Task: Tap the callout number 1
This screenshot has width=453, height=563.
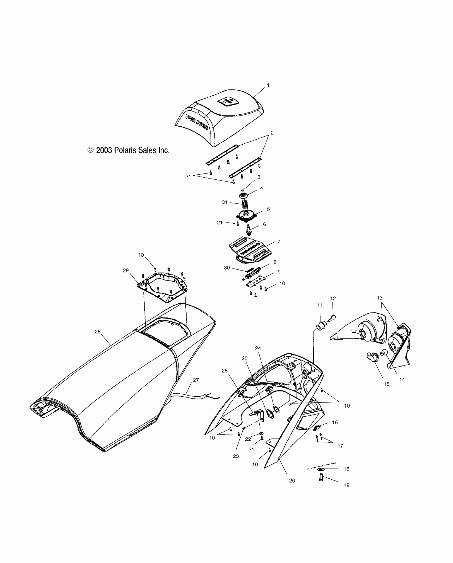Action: coord(268,86)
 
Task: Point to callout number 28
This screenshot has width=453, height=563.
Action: coord(98,332)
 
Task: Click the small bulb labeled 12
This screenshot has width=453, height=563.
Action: coord(333,318)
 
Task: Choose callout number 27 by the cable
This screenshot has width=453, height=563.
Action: coord(196,380)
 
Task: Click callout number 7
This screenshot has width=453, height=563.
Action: coord(279,242)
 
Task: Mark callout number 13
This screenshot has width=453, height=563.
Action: coord(379,298)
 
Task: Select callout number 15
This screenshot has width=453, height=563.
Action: coord(386,384)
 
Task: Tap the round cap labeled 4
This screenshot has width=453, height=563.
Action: coord(244,196)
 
